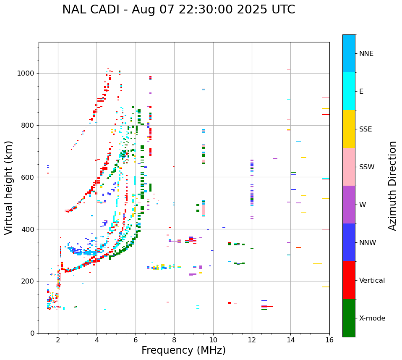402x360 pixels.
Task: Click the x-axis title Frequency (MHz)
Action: [x=183, y=350]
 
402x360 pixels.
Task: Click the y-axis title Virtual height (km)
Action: [x=9, y=187]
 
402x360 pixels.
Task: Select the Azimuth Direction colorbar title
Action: [x=392, y=186]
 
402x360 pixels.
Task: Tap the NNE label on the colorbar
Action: [x=366, y=54]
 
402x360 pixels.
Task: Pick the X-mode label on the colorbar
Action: [x=372, y=318]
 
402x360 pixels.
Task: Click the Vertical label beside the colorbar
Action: [x=372, y=281]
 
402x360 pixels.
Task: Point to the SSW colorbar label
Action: [x=367, y=167]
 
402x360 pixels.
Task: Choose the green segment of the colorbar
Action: [x=349, y=318]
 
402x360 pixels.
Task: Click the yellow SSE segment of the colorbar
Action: [x=349, y=129]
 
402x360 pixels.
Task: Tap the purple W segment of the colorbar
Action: [x=349, y=205]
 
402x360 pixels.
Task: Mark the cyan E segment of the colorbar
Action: [x=349, y=91]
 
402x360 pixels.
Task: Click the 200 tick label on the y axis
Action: [x=29, y=281]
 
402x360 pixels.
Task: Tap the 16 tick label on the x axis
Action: [x=329, y=340]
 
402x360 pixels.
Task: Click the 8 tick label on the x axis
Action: [x=174, y=340]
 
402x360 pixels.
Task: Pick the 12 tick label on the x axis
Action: [x=252, y=340]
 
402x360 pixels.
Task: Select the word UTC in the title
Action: [x=283, y=10]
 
